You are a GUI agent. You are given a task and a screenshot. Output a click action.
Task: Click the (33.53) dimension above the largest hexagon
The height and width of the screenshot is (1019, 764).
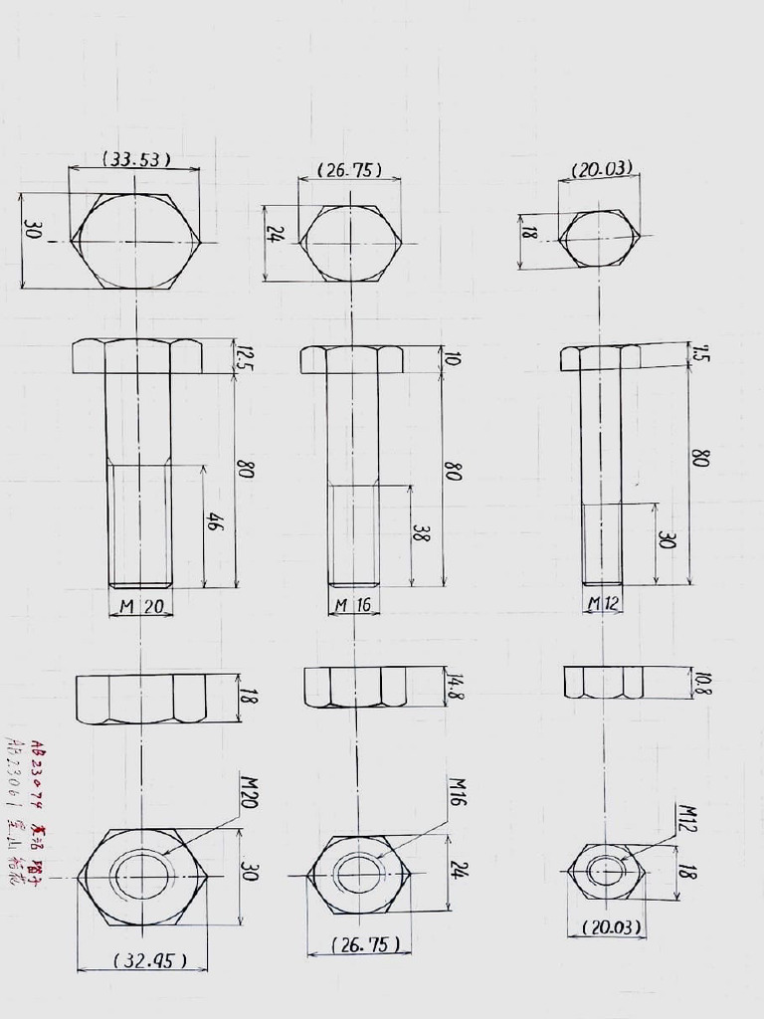pos(136,158)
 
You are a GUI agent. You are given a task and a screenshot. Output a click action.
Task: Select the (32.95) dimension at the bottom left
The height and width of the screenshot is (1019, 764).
pos(144,960)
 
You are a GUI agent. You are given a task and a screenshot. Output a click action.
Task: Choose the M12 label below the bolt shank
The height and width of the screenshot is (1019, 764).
pos(603,603)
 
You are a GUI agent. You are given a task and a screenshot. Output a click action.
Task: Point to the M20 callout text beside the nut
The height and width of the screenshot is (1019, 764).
pos(249,792)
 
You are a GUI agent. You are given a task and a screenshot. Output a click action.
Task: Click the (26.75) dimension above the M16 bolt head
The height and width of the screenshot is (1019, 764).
pos(349,170)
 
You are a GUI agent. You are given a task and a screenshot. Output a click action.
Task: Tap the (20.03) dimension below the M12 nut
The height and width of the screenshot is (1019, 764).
pos(606,927)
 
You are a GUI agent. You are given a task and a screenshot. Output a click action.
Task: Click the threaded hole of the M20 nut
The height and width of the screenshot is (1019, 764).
pos(140,876)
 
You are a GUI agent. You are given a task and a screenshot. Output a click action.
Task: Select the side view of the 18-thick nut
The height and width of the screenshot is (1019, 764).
pos(141,699)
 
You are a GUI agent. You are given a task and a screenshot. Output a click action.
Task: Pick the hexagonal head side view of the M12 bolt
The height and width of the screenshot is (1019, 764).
pos(600,358)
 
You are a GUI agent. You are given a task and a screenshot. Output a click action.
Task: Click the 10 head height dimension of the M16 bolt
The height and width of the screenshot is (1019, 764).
pos(453,358)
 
